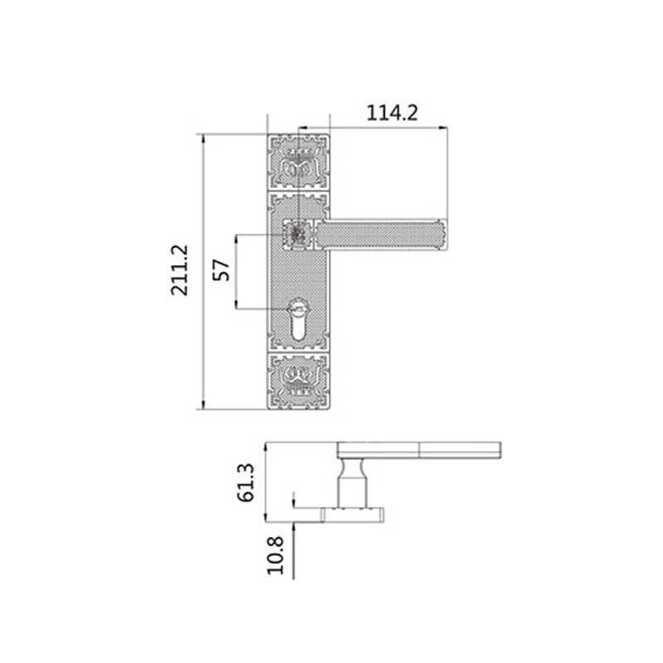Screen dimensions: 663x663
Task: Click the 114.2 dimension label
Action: tap(392, 113)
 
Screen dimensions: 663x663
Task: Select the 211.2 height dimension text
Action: tap(179, 270)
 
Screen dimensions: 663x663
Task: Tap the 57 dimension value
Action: tap(221, 270)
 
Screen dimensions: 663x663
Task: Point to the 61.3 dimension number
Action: tap(245, 483)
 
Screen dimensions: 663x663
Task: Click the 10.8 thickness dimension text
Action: tap(276, 555)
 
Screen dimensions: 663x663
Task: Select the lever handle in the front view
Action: tap(380, 235)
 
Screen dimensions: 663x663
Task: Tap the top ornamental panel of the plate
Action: tap(298, 162)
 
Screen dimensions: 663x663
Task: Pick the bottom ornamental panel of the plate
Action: tap(298, 381)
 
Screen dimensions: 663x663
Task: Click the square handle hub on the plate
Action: tap(298, 235)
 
